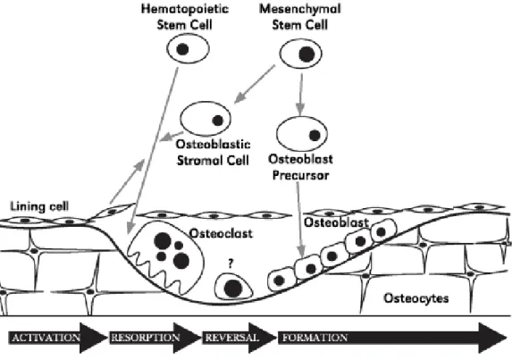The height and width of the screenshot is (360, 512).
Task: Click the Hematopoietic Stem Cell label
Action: (x=185, y=17)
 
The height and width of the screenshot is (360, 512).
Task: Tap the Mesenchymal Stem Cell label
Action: (x=300, y=17)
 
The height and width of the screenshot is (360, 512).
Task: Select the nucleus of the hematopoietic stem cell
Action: (x=182, y=49)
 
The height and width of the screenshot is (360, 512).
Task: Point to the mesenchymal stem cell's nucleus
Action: (x=306, y=54)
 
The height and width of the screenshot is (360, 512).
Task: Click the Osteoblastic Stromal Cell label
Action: (x=214, y=152)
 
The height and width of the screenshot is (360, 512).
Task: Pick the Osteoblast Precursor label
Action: (x=301, y=167)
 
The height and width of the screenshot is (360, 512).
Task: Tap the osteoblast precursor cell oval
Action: (x=302, y=133)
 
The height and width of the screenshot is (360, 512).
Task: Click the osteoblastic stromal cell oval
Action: (x=206, y=119)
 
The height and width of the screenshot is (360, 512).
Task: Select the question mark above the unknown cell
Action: (x=231, y=263)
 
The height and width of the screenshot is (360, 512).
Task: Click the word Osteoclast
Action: (x=221, y=233)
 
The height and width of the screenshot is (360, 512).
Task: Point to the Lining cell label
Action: (x=39, y=206)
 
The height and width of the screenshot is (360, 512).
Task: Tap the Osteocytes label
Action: (x=416, y=298)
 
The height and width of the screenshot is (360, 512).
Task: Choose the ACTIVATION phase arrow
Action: (x=58, y=338)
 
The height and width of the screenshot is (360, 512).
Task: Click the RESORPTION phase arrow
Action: (x=155, y=338)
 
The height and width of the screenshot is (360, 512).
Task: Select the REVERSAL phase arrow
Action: (x=239, y=338)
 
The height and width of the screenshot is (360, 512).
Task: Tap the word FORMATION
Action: (x=315, y=338)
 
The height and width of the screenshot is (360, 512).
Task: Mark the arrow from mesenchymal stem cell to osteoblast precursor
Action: (x=301, y=95)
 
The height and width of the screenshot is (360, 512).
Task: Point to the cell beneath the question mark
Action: (x=233, y=286)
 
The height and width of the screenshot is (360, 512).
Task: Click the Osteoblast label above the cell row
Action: (x=336, y=222)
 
